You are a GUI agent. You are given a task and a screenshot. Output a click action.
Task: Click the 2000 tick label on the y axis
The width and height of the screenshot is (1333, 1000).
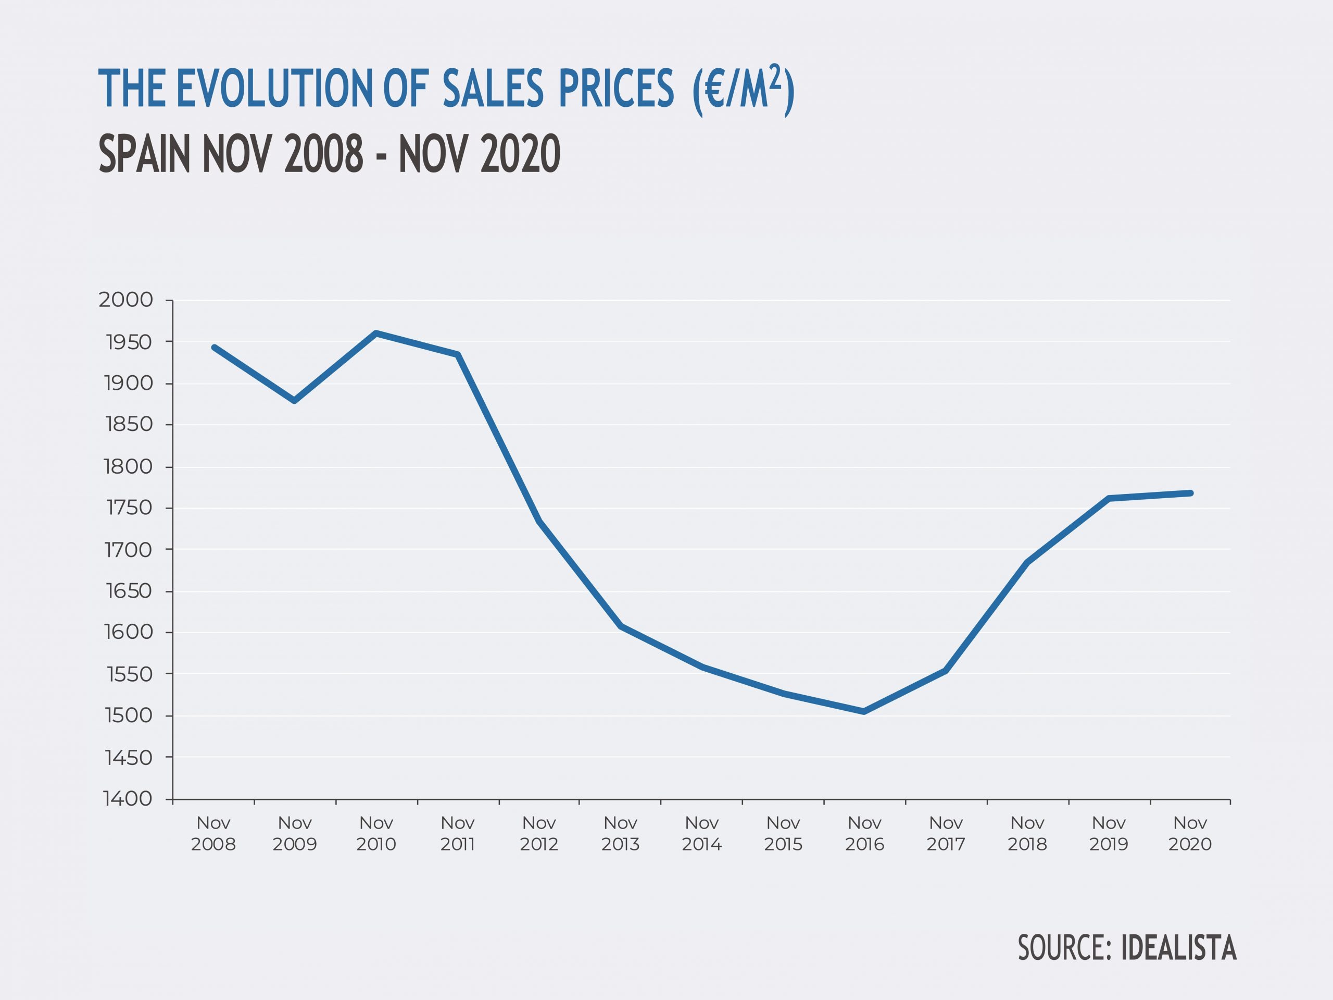tap(125, 300)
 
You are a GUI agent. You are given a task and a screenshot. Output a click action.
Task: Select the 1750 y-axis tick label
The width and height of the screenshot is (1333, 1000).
tap(129, 508)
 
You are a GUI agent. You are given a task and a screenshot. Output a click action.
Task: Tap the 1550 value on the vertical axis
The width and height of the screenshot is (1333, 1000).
tap(129, 674)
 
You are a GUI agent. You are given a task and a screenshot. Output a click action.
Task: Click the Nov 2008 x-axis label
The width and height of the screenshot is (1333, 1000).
tap(213, 833)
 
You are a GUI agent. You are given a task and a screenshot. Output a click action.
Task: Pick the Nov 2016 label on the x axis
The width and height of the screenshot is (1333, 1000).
tap(864, 833)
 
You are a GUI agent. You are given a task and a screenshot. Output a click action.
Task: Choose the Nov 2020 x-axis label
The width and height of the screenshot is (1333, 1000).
tap(1190, 833)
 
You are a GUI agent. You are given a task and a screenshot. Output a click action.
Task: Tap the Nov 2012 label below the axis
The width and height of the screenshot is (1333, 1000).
tap(539, 833)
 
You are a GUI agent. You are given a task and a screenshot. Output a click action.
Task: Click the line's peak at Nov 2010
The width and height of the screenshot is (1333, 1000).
tap(376, 333)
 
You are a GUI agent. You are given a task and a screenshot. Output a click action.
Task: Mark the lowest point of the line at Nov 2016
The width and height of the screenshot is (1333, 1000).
tap(864, 712)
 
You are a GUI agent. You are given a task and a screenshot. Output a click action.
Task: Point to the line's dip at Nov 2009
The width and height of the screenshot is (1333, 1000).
tap(295, 401)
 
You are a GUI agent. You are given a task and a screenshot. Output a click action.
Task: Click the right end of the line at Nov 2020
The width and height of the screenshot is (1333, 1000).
tap(1191, 493)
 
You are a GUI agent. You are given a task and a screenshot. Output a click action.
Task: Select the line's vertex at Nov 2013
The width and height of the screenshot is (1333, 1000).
tap(621, 626)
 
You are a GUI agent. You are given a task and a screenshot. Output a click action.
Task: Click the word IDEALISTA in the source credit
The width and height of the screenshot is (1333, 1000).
tap(1179, 947)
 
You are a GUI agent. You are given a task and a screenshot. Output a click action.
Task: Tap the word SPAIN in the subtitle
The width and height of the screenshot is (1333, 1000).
tap(145, 154)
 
